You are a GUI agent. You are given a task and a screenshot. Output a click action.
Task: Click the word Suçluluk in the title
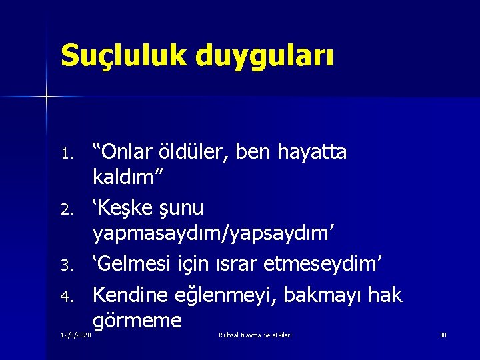121,55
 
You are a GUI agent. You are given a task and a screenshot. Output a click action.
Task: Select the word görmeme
137,321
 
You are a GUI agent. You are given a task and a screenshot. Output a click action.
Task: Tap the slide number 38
443,335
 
